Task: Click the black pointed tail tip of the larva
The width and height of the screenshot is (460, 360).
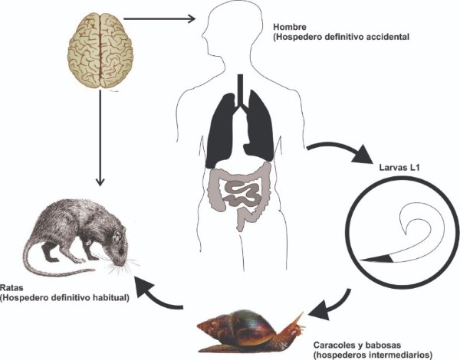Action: click(376, 261)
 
